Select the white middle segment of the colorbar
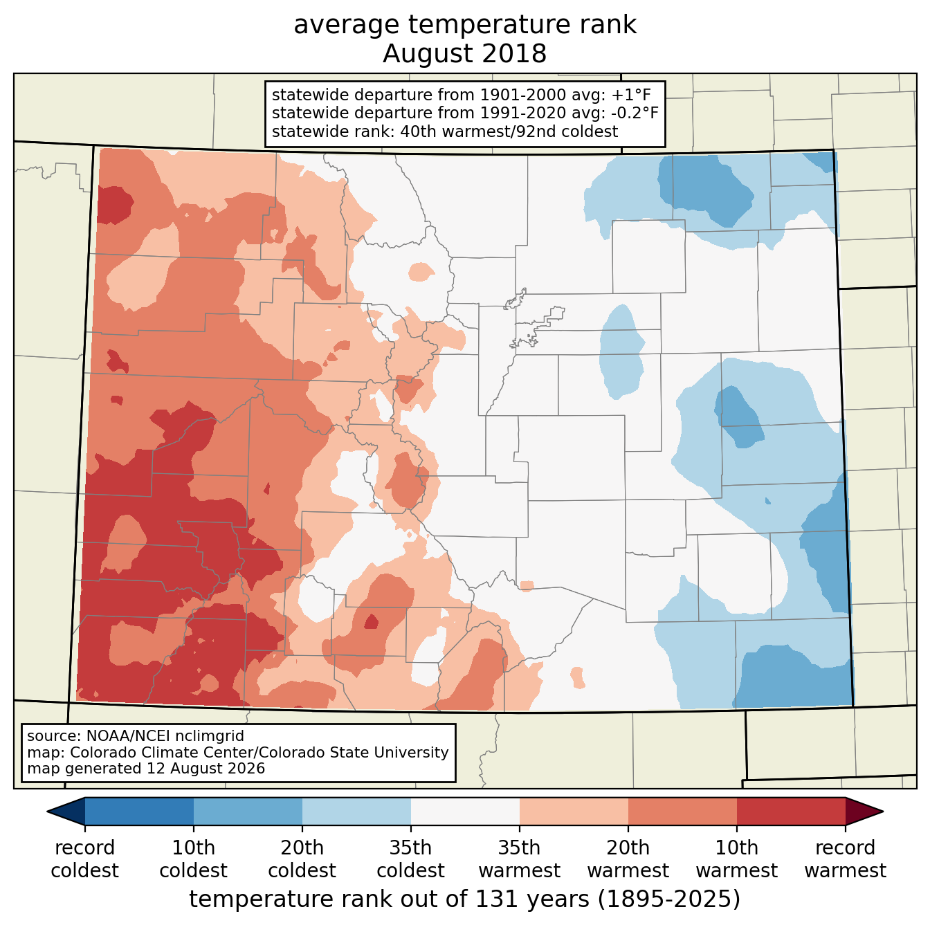tap(465, 812)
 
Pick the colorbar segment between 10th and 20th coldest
tap(248, 812)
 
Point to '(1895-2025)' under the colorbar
tap(669, 899)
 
